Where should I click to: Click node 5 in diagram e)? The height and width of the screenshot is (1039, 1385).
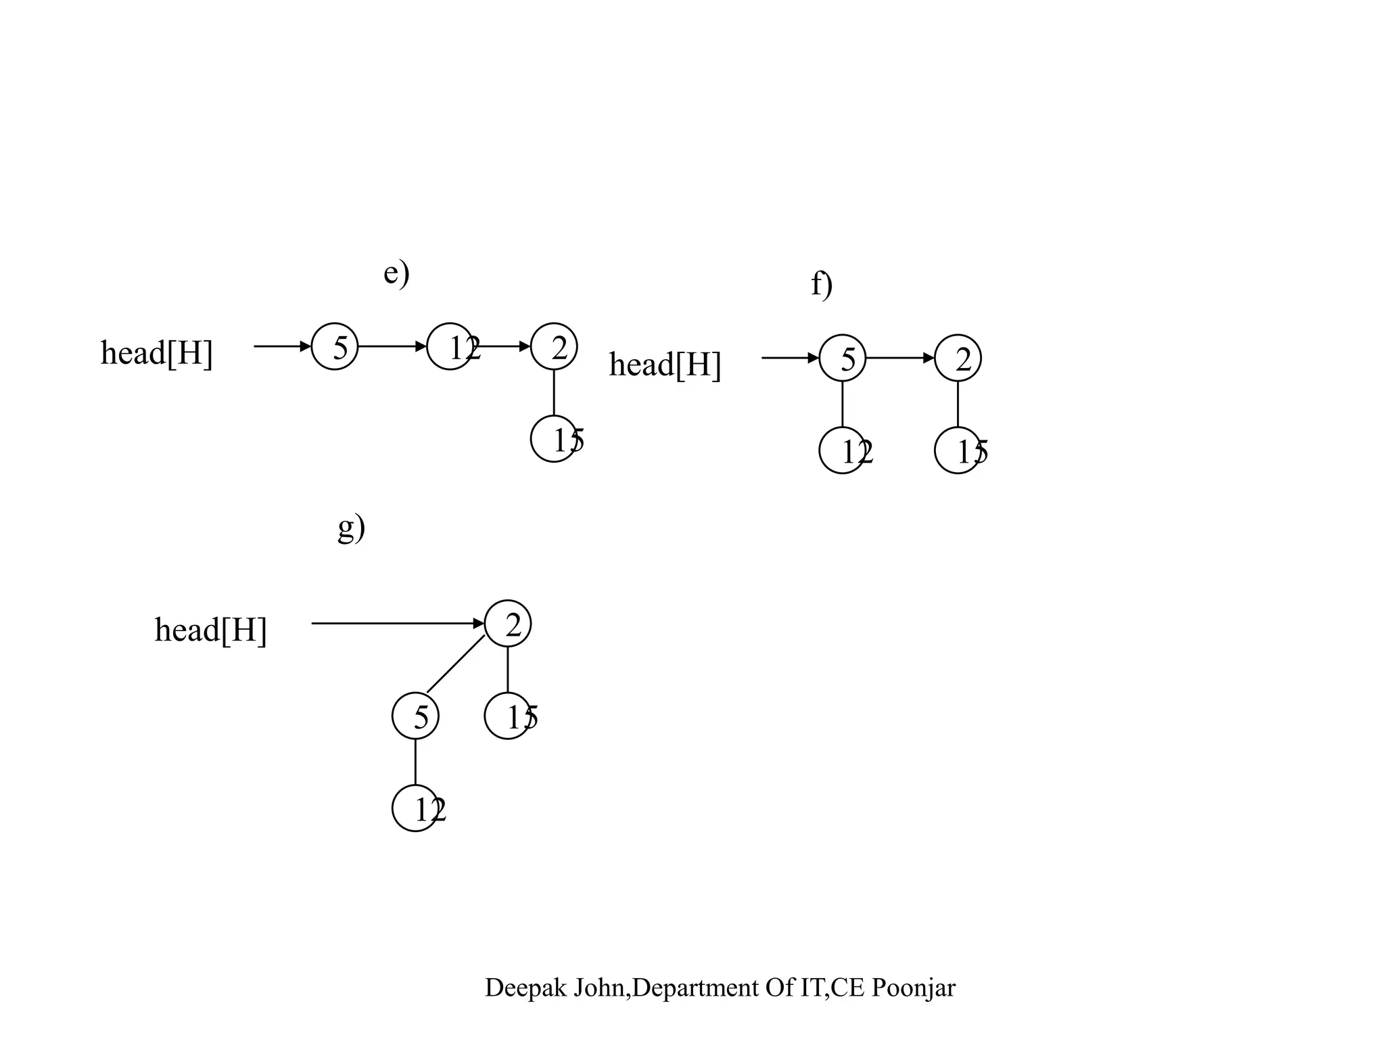[x=335, y=346]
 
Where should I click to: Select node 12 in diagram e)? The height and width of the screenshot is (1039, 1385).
[x=450, y=346]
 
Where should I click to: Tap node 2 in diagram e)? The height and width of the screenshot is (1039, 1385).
[x=554, y=346]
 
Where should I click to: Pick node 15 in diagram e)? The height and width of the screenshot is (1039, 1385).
[x=554, y=439]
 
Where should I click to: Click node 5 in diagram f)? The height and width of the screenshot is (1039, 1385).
[x=843, y=358]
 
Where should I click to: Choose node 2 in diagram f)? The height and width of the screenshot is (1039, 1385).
[x=958, y=358]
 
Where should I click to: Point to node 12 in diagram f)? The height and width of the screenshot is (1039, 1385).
[x=843, y=451]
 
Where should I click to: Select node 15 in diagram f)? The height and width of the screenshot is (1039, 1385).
[x=958, y=451]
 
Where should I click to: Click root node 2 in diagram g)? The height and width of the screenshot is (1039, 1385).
[x=508, y=624]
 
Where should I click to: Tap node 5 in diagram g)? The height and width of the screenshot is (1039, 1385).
[x=415, y=716]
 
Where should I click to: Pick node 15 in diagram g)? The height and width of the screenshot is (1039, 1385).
[x=508, y=716]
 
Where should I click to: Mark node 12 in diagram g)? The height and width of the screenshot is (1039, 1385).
[x=415, y=808]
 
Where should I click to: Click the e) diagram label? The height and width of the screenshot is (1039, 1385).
[x=396, y=273]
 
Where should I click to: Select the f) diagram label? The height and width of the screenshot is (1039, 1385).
[x=822, y=284]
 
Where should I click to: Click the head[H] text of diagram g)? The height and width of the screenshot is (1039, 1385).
[x=211, y=630]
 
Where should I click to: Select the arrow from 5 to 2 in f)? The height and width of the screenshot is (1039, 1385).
[x=900, y=358]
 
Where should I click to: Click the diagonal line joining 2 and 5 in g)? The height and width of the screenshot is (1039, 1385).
[x=456, y=664]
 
